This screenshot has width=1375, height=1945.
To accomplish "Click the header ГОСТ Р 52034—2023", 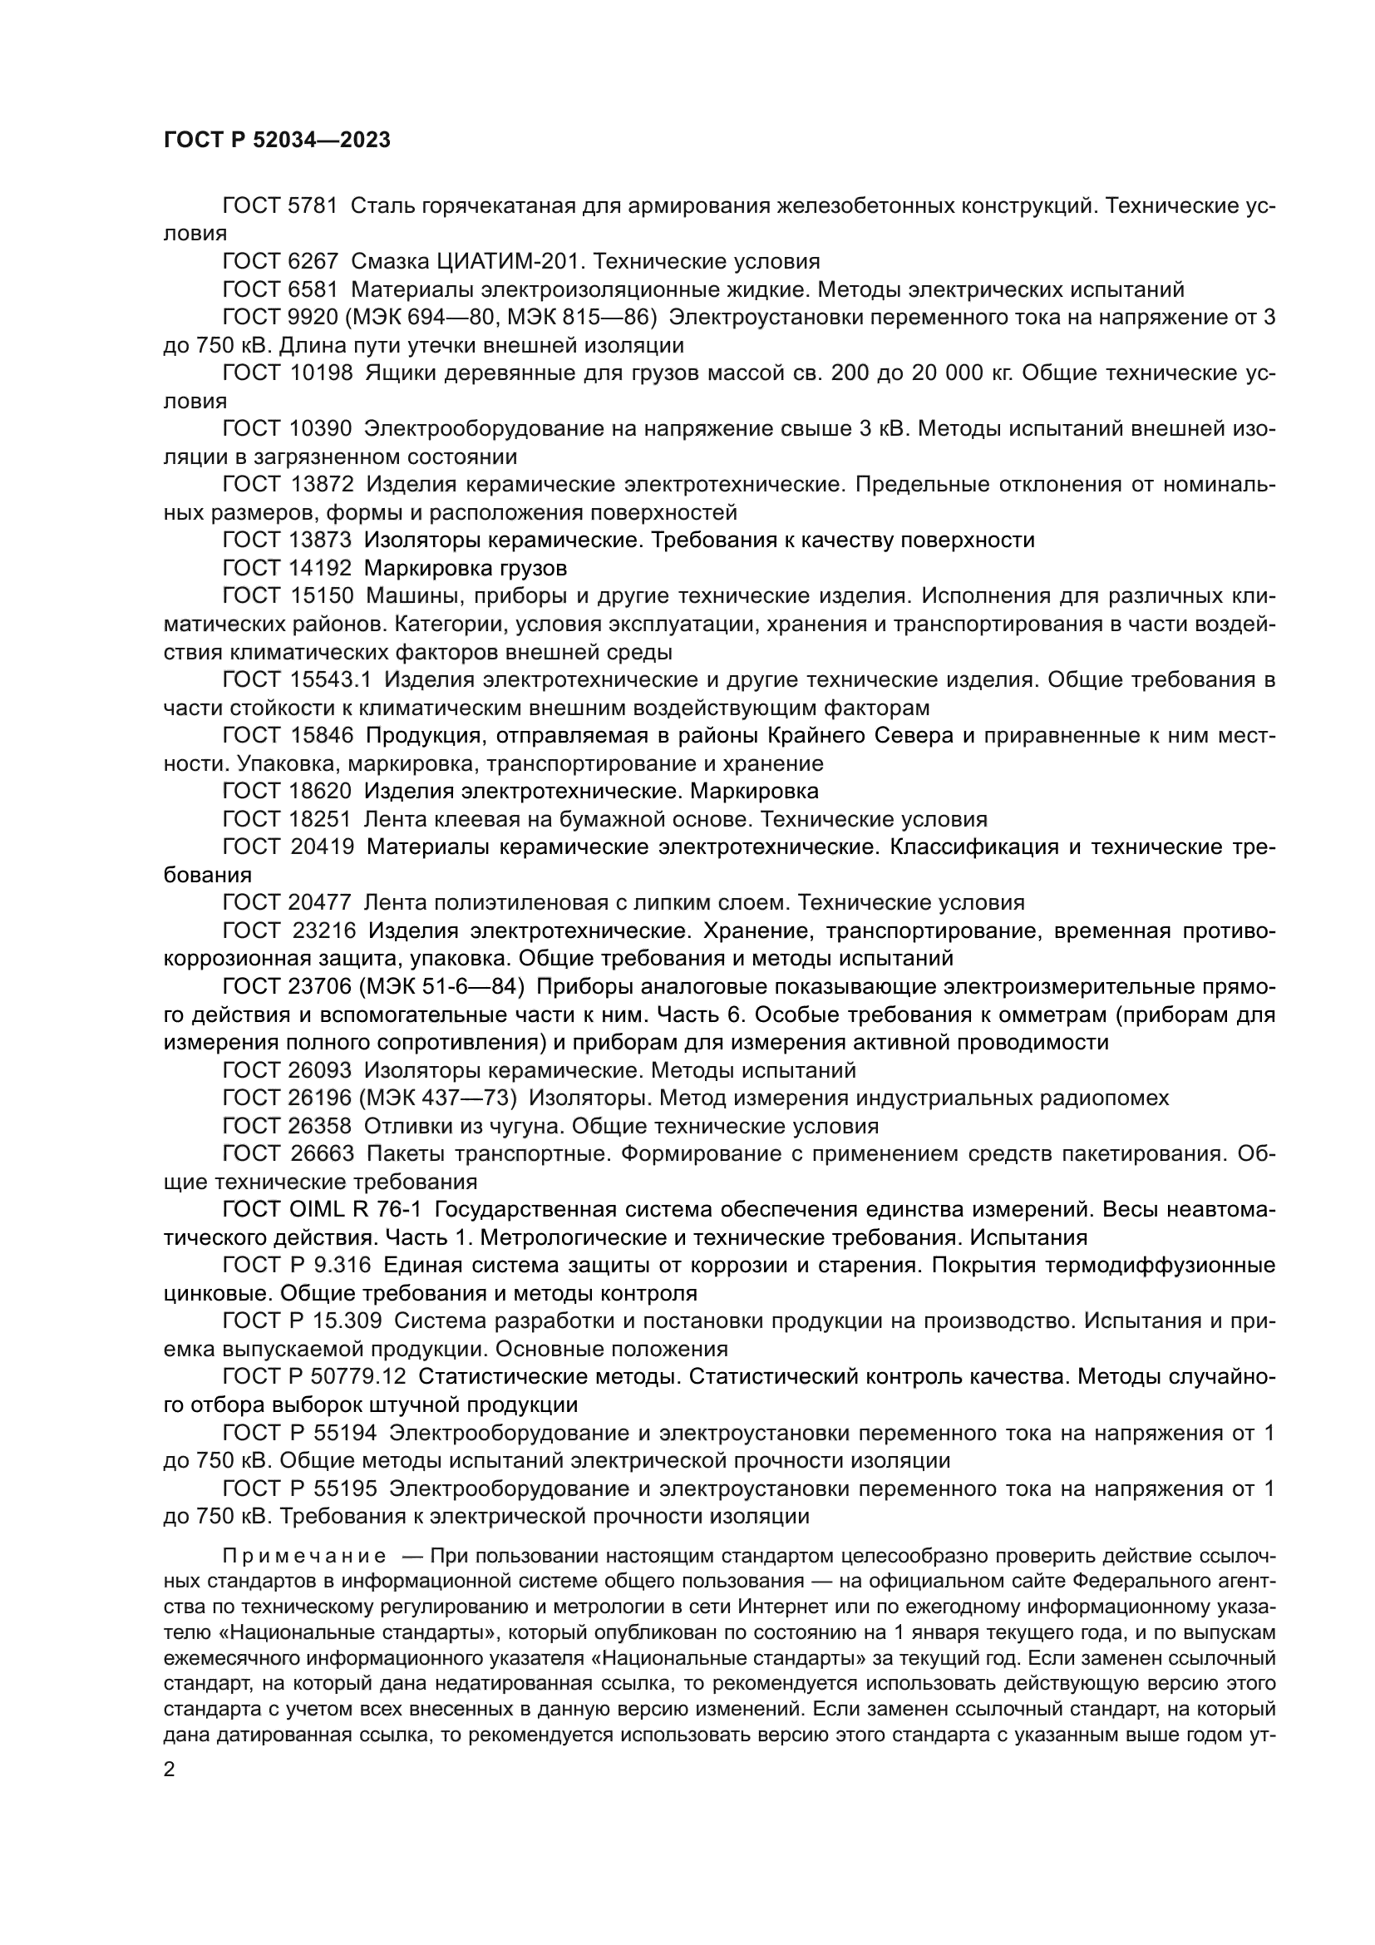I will pyautogui.click(x=277, y=141).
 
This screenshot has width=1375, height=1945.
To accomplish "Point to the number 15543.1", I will pyautogui.click(x=331, y=680).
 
